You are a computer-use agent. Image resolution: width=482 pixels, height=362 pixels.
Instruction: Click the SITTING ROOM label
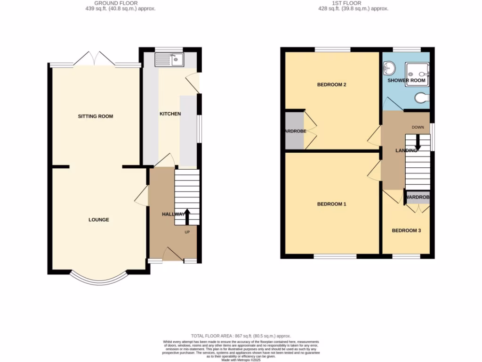click(96, 116)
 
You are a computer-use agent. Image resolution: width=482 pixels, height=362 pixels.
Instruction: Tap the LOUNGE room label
click(99, 220)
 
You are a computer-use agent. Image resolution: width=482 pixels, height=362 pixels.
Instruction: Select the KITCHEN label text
click(170, 114)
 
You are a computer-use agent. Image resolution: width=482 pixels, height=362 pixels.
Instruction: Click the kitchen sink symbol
click(169, 60)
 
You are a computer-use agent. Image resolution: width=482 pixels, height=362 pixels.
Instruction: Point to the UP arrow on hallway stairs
click(187, 217)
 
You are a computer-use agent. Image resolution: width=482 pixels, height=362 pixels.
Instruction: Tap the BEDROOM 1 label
click(331, 204)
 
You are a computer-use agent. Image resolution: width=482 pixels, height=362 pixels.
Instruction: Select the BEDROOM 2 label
click(331, 85)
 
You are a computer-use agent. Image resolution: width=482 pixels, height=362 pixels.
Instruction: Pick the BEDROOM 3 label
click(406, 230)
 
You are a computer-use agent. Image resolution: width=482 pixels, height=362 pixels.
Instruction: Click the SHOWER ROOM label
click(406, 81)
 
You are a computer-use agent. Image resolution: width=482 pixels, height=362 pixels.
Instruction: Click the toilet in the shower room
click(422, 98)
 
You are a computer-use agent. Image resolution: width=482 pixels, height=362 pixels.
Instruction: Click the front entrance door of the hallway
click(173, 255)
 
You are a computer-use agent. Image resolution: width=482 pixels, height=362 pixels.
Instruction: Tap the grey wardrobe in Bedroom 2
click(294, 131)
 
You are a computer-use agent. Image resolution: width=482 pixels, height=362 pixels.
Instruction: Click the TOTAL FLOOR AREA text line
click(241, 335)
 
